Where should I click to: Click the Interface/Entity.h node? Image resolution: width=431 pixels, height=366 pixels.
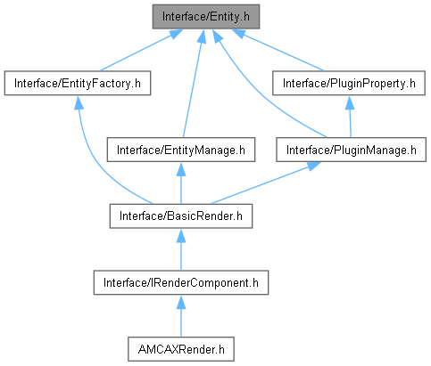pos(206,17)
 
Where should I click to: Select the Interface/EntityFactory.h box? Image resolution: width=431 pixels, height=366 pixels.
pos(78,83)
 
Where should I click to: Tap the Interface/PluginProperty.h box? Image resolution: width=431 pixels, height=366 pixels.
pos(349,83)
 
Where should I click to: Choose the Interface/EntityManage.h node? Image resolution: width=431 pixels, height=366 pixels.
pos(181,150)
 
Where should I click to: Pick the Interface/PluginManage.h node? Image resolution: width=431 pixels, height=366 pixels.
pos(351,150)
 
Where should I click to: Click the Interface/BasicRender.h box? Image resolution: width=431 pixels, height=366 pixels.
pos(181,216)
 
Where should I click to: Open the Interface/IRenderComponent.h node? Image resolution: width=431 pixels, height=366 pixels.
pos(181,282)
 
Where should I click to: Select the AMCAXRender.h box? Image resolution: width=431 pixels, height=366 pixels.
pos(181,349)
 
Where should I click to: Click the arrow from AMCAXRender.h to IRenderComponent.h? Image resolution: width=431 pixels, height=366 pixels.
pos(181,316)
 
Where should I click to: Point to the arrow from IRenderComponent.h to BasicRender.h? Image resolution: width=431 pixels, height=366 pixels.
pos(181,249)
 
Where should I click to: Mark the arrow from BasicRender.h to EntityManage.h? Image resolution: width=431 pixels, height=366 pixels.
pos(181,183)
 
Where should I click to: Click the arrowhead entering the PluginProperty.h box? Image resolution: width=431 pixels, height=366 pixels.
pos(350,102)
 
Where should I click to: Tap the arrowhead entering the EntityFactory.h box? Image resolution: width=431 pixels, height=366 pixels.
pos(79,102)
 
